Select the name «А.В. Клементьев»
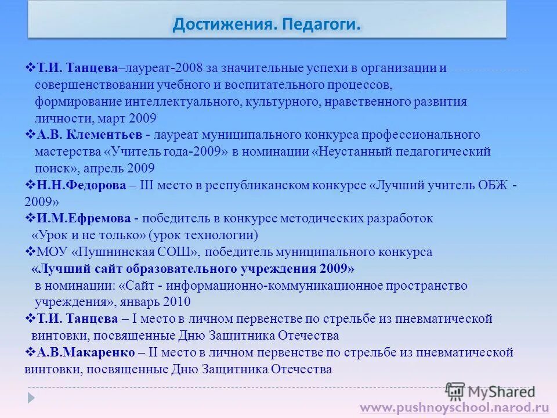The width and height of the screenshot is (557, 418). (x=90, y=135)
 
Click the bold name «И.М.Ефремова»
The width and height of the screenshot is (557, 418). (x=85, y=219)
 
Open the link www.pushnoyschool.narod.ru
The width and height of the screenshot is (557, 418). (x=454, y=408)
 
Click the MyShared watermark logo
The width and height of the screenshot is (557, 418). (x=490, y=391)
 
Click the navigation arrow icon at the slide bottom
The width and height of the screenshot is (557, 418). (x=31, y=398)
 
